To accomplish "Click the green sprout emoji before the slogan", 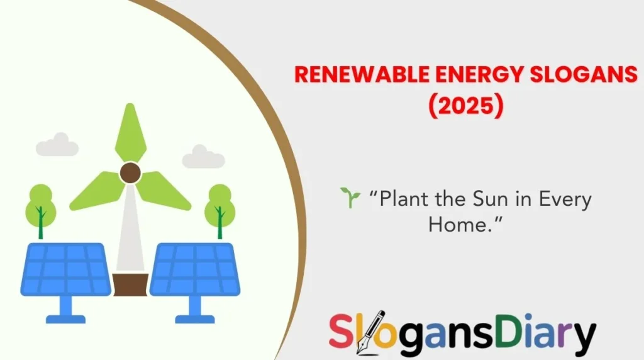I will [x=349, y=198].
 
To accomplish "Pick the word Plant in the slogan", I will [x=406, y=200].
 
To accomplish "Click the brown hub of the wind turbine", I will [x=130, y=172].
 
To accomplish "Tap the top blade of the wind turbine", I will [x=130, y=132].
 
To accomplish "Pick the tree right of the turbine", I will [x=219, y=208].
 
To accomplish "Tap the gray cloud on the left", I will [x=57, y=145].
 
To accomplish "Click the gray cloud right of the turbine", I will [x=203, y=157].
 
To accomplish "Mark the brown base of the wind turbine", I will [x=130, y=284].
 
